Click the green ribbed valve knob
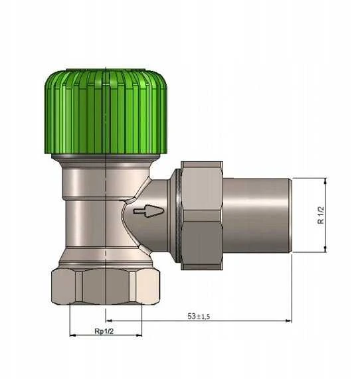click(x=106, y=112)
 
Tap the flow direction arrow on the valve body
click(x=149, y=211)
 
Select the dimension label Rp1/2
click(x=104, y=331)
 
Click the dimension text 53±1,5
click(x=199, y=316)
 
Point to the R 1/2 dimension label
click(x=321, y=215)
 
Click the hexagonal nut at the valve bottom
click(x=106, y=286)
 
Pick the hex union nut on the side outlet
click(x=202, y=215)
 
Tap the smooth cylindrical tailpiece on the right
click(x=256, y=215)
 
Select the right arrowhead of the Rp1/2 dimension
click(x=139, y=335)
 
